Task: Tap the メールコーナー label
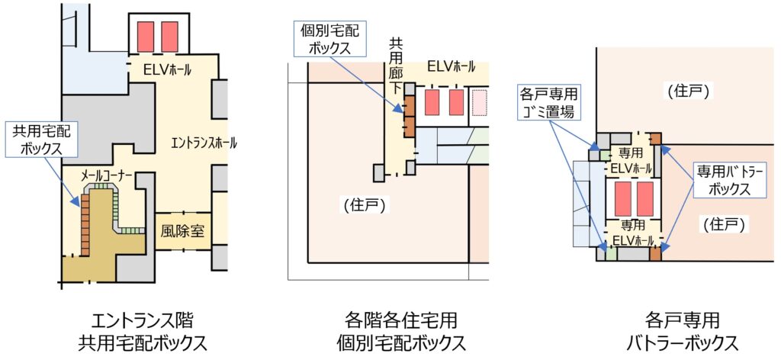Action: [108, 176]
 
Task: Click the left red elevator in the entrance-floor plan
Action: [145, 37]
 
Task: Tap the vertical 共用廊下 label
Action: [396, 67]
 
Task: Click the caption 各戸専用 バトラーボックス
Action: [681, 329]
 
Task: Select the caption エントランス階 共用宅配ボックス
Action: [143, 329]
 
